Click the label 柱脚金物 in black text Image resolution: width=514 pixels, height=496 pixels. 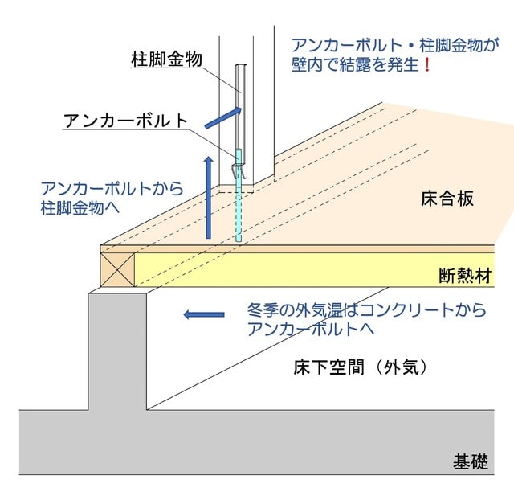[166, 59]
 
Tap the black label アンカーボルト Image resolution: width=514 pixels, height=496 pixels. [126, 121]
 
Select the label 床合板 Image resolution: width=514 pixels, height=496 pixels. [447, 199]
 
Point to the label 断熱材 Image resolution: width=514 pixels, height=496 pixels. [465, 276]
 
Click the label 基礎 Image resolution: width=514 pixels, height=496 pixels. [471, 461]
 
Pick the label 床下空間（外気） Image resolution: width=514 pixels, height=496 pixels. [361, 367]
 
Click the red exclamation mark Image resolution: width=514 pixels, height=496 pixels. [426, 65]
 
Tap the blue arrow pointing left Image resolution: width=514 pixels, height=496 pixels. [204, 314]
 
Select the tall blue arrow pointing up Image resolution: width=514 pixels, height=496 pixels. [209, 198]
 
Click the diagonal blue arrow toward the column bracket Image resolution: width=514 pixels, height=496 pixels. [223, 117]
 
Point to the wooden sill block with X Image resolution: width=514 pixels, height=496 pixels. [118, 269]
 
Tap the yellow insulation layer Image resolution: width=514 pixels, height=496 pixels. [314, 269]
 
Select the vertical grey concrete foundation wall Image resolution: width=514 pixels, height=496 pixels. [118, 351]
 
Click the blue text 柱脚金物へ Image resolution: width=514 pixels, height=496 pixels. [80, 208]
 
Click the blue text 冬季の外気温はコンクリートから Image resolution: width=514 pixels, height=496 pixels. [366, 309]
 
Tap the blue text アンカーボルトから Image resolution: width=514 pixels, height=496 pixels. [112, 188]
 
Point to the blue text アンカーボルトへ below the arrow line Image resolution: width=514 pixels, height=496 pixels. [311, 329]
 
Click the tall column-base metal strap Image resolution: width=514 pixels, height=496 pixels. [242, 121]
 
